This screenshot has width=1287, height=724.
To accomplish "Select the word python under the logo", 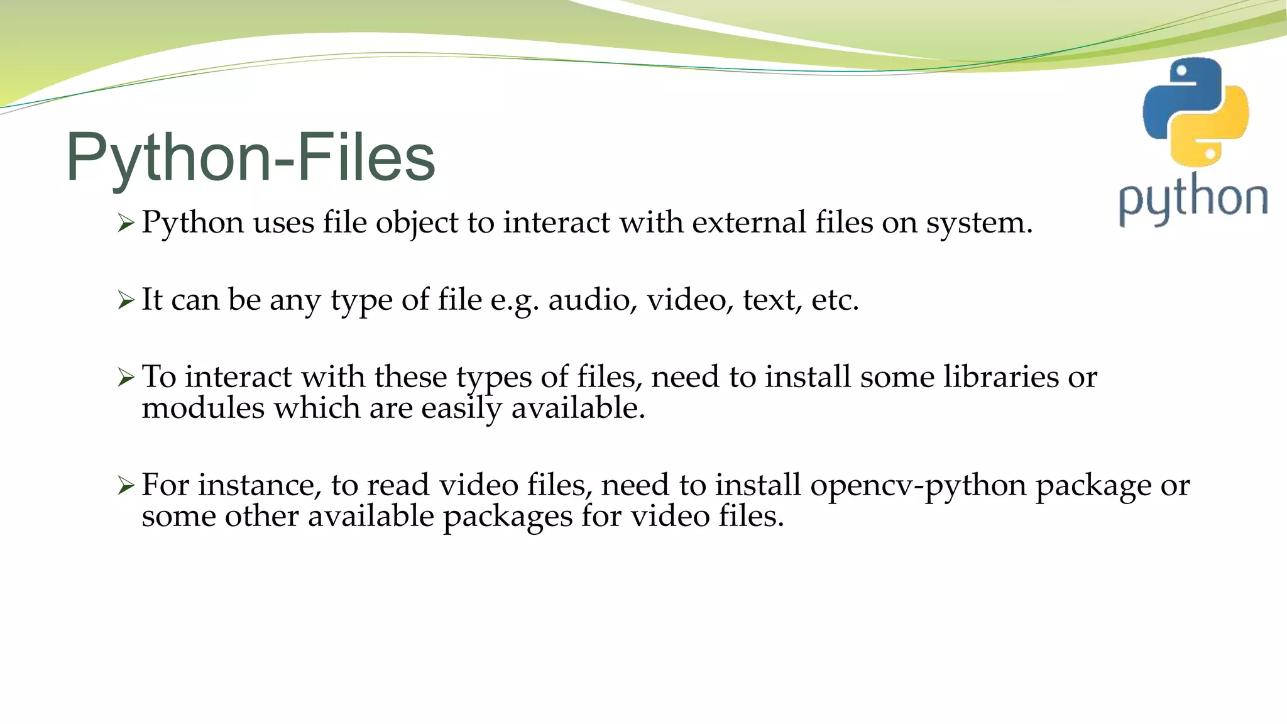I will tap(1193, 200).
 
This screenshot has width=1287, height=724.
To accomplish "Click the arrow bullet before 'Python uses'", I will tap(126, 223).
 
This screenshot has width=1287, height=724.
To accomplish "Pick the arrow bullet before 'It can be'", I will tap(126, 300).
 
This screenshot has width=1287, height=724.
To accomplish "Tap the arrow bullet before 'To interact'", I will tap(126, 378).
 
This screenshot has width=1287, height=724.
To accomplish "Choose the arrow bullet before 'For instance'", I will tap(126, 486).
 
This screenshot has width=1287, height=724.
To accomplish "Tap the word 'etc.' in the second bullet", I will tap(835, 300).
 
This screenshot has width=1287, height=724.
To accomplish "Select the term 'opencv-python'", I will tap(918, 486).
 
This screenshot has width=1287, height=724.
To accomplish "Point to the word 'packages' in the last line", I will tap(507, 517).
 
